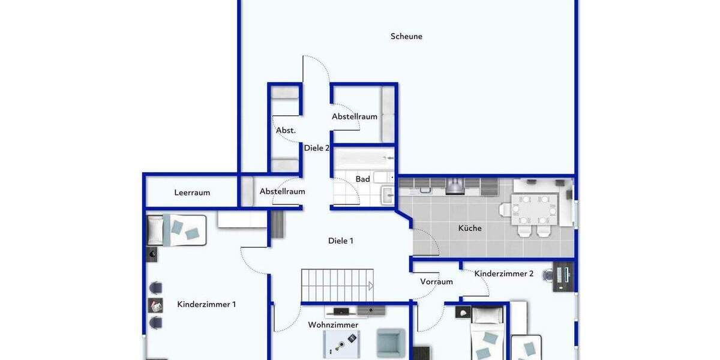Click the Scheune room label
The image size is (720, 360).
point(406,37)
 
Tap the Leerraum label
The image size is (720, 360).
point(192,193)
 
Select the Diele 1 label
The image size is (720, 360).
point(341,241)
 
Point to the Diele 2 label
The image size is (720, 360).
point(317,148)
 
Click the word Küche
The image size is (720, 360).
point(470,228)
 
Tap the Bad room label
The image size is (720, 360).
point(362,179)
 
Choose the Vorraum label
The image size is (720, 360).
point(436,281)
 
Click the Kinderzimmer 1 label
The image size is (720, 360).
point(206,304)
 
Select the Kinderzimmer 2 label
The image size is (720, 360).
point(504,274)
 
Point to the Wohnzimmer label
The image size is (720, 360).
point(333,325)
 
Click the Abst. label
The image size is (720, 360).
point(286,130)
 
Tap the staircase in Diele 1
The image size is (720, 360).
point(337,285)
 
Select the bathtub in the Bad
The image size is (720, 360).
point(364,159)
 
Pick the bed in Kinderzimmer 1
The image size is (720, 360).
point(177,230)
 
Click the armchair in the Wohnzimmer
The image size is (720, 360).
point(391,342)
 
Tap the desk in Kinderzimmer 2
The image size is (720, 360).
point(563,276)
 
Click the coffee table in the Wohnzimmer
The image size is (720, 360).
point(341,344)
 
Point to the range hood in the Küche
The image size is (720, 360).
point(454,186)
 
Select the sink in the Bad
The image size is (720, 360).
point(387,196)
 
